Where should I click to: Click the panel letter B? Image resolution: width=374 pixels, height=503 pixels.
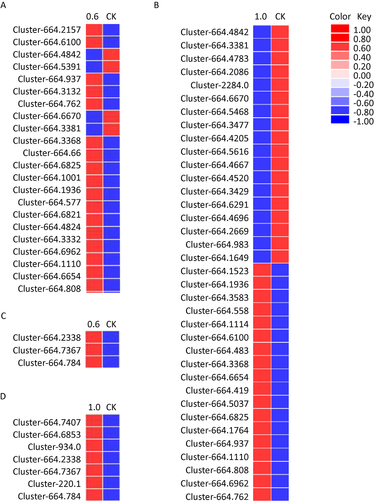tap(156, 5)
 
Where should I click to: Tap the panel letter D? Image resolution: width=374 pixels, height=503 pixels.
tap(3, 396)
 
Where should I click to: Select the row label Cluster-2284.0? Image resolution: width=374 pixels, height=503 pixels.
tap(220, 85)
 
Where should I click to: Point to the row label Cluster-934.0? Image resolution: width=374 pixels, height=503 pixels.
tap(54, 447)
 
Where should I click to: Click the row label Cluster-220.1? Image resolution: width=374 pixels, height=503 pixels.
tap(54, 484)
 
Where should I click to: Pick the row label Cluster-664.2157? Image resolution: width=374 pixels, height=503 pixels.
tap(47, 30)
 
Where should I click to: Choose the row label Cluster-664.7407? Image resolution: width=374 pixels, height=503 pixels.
tap(47, 422)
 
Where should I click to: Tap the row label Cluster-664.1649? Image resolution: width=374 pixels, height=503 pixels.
tap(214, 258)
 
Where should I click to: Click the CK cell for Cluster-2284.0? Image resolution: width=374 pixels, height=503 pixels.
tap(280, 85)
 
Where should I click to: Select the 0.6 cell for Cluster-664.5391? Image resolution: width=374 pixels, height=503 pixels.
tap(94, 67)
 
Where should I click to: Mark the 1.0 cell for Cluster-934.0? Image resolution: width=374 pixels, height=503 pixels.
tap(94, 445)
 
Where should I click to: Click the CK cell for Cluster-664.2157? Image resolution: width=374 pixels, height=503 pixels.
tap(111, 30)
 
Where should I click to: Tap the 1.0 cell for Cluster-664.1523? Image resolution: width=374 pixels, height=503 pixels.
tap(262, 270)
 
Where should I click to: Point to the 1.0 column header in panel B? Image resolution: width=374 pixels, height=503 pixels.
tap(261, 17)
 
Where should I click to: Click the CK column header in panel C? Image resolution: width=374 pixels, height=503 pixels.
tap(111, 324)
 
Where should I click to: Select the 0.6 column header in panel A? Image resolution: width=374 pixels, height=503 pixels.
tap(92, 17)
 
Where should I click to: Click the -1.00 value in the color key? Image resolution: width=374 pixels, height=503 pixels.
tap(363, 122)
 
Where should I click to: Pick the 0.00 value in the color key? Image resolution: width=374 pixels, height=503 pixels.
tap(362, 76)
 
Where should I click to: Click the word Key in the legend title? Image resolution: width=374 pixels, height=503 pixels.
tap(364, 17)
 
